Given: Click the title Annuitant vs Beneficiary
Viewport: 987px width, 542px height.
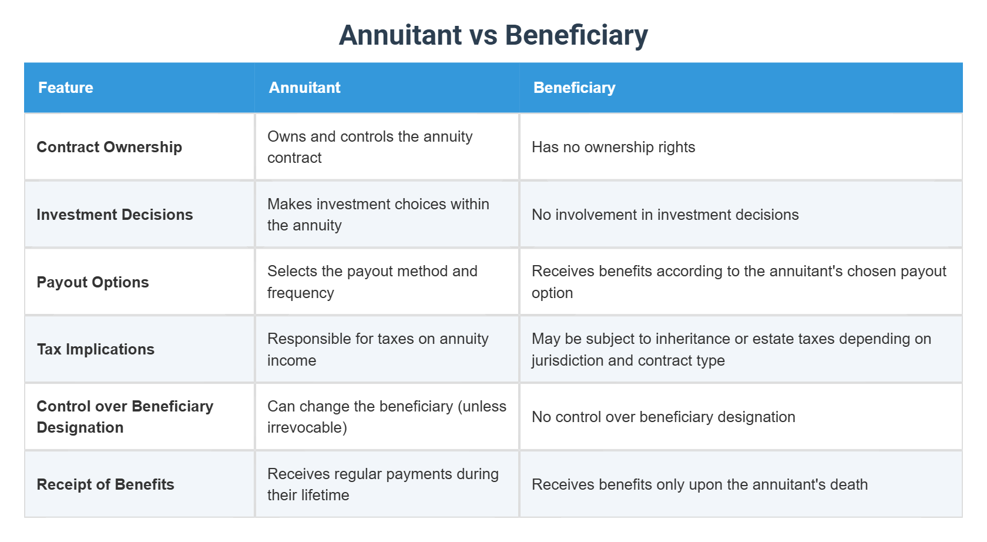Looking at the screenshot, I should (x=493, y=35).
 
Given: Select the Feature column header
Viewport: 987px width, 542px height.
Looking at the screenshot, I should (x=66, y=88).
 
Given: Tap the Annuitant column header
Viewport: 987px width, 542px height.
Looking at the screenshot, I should (x=304, y=88).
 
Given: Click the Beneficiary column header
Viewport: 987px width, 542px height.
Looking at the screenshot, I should (x=574, y=88).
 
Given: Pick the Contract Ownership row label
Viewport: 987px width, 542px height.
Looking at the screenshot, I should (x=109, y=147).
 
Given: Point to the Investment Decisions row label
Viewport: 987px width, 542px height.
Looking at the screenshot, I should (x=115, y=215).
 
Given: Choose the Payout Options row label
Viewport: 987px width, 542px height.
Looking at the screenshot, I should (x=93, y=282).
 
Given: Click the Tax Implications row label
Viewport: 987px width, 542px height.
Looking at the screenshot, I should (x=96, y=349).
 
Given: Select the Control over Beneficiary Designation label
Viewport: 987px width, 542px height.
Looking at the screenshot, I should (x=125, y=417).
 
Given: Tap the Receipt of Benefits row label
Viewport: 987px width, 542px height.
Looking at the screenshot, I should (x=106, y=484).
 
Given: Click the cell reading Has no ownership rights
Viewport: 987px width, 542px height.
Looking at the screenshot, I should (x=613, y=147).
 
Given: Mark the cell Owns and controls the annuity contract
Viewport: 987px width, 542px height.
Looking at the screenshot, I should (x=370, y=147).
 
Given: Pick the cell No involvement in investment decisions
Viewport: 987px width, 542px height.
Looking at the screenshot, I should (x=665, y=215).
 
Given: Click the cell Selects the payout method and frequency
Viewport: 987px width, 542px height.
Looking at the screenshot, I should (x=372, y=282).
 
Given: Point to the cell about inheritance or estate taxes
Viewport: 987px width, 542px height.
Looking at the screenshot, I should (x=731, y=349).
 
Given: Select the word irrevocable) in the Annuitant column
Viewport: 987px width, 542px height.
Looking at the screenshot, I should (x=307, y=428).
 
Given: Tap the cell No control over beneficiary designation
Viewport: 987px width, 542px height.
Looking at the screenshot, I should (x=663, y=417).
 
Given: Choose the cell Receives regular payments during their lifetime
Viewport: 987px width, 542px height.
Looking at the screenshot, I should (x=382, y=484).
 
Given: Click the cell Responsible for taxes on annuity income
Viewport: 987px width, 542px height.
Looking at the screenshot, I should (x=378, y=349).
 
